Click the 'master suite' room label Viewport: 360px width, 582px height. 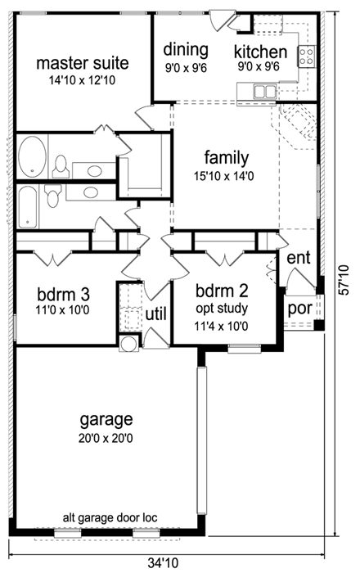pos(73,63)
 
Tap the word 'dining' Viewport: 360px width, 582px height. pos(186,49)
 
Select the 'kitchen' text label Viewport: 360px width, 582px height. pos(261,51)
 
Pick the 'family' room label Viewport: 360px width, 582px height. pos(227,157)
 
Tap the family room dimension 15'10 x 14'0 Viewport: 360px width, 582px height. pos(227,174)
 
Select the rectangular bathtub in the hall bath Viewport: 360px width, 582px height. pos(27,205)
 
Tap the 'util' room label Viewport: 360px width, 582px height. pos(156,314)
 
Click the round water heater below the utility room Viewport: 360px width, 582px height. pos(128,343)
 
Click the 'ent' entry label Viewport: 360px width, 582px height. pos(299,259)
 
